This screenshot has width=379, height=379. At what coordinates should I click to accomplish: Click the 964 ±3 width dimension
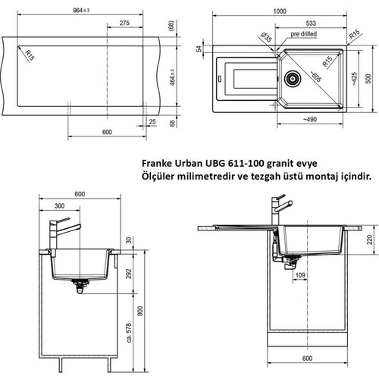81,10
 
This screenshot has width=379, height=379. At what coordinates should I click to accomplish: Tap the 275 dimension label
124,23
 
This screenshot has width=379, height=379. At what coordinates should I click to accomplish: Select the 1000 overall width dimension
280,11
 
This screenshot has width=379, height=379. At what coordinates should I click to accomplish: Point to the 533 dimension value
311,23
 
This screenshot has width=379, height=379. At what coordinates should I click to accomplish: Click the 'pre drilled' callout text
303,34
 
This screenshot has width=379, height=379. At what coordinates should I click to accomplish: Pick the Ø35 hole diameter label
266,37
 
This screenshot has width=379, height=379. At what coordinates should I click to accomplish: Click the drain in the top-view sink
293,79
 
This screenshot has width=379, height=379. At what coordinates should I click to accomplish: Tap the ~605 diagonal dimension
315,77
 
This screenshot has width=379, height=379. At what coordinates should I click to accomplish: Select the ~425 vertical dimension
354,79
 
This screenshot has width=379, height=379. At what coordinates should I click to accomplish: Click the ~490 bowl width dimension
310,119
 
